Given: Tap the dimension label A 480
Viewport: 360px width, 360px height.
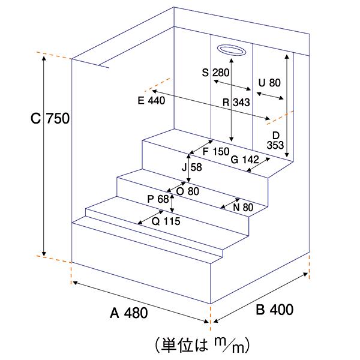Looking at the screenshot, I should tap(128, 313).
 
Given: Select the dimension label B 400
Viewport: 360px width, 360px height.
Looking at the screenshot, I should tap(275, 310).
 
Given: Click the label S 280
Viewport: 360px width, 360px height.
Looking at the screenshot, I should tap(216, 73).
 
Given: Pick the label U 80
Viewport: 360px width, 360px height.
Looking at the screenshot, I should tap(268, 82).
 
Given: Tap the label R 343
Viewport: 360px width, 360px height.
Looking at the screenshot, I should tap(236, 103).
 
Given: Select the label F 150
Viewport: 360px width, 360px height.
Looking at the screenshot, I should tap(216, 151).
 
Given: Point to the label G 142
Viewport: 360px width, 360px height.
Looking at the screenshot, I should tap(244, 159).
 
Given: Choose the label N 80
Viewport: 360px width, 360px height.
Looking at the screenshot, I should tap(244, 207).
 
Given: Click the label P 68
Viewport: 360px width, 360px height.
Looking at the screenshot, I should tap(158, 199).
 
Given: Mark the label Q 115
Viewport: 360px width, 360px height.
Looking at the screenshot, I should tap(166, 220).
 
